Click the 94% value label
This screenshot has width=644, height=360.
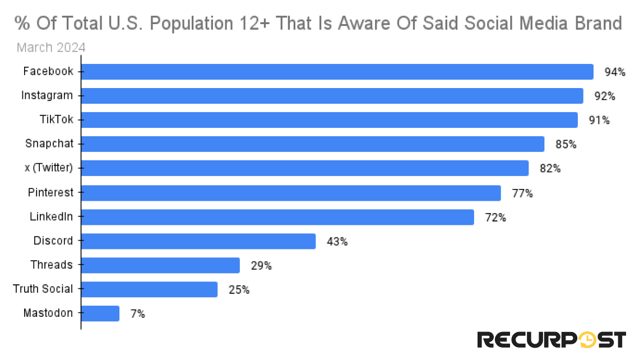614,72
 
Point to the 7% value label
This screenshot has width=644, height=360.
137,314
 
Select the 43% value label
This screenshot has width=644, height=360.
337,242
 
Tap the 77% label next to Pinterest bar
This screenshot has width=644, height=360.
522,193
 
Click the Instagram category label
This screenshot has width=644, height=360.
47,96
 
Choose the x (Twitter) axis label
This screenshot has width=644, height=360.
49,168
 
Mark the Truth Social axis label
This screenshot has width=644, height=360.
43,289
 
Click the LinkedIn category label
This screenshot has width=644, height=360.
51,216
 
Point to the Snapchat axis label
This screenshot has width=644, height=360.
49,144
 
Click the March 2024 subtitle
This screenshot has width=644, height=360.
51,47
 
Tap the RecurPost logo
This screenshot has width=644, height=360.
551,339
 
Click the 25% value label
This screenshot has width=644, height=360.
238,290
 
